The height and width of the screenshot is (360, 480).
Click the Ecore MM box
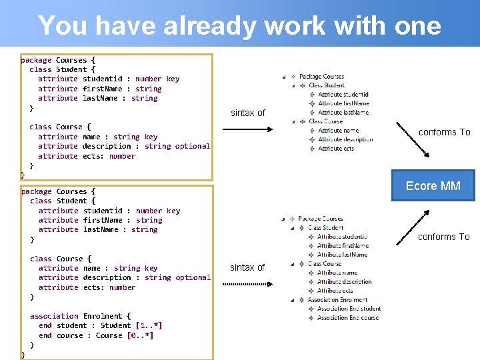click(433, 186)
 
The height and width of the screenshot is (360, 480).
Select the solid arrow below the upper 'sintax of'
click(247, 128)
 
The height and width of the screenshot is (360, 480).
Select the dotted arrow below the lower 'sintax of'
click(247, 285)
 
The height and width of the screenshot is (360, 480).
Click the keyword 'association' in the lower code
click(54, 316)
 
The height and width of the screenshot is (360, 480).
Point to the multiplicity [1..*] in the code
click(149, 325)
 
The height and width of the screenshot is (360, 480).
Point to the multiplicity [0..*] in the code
click(140, 335)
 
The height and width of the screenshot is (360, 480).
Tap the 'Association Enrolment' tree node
click(337, 300)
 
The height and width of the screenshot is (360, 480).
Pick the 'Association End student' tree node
click(349, 309)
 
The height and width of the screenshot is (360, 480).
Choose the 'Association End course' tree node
click(348, 318)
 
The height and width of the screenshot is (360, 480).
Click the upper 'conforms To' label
click(444, 132)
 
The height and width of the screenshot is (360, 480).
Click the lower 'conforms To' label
click(444, 237)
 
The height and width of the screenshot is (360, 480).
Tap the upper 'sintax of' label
click(248, 113)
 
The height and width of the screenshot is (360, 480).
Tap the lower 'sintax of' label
click(247, 267)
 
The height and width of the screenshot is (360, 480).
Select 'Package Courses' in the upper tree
click(321, 77)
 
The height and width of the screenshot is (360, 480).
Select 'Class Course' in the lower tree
click(325, 264)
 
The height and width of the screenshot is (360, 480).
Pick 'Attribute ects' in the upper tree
click(336, 149)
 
